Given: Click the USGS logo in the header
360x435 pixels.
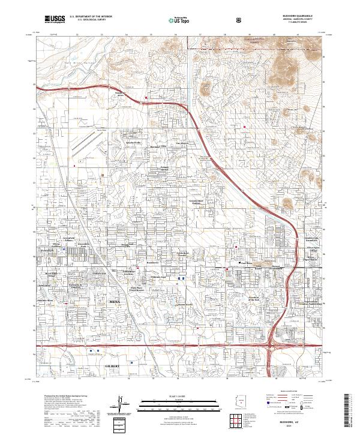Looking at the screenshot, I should [x=55, y=20].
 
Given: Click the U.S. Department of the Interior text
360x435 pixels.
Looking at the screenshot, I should [x=88, y=17].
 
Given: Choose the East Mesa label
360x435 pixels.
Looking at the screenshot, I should [x=246, y=263].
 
